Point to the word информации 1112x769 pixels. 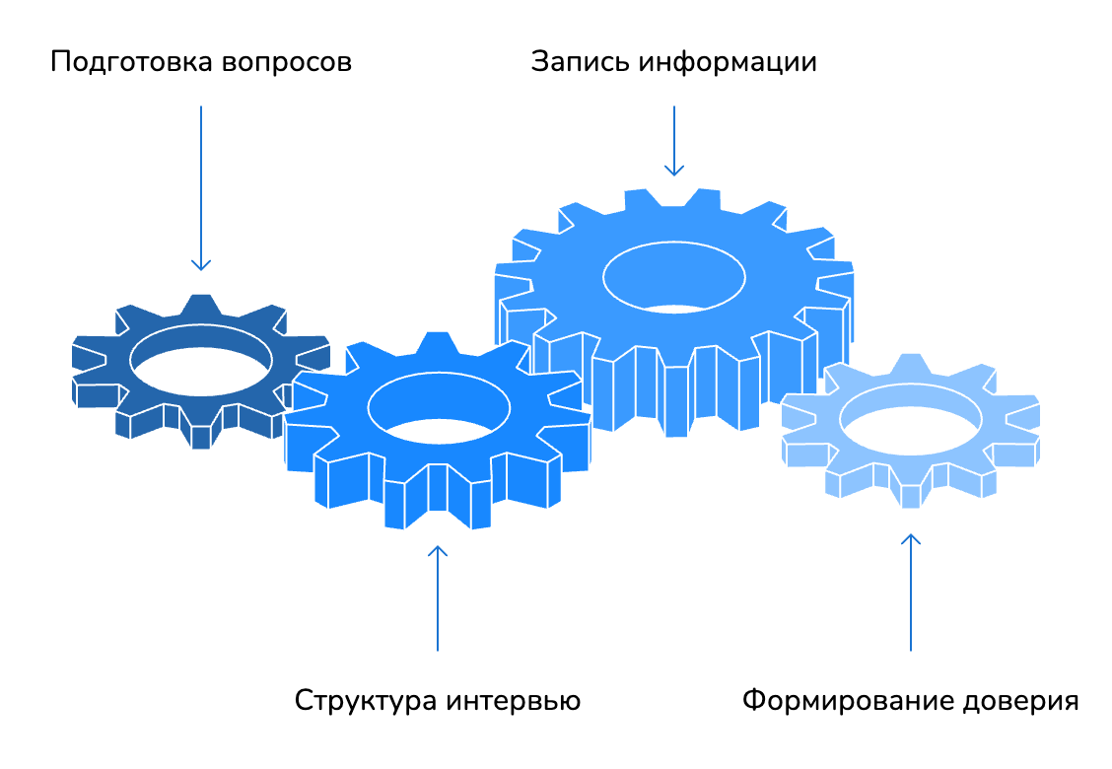[x=728, y=63]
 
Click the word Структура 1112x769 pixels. [x=365, y=701]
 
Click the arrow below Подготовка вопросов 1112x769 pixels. [x=201, y=187]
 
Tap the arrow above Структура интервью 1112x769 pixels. [x=438, y=597]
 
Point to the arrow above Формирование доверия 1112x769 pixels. [x=911, y=592]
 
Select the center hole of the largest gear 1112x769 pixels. [x=674, y=276]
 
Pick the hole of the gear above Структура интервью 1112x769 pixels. [x=438, y=405]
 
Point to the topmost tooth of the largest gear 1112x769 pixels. [x=673, y=197]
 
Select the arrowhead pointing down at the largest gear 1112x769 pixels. [x=674, y=171]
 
